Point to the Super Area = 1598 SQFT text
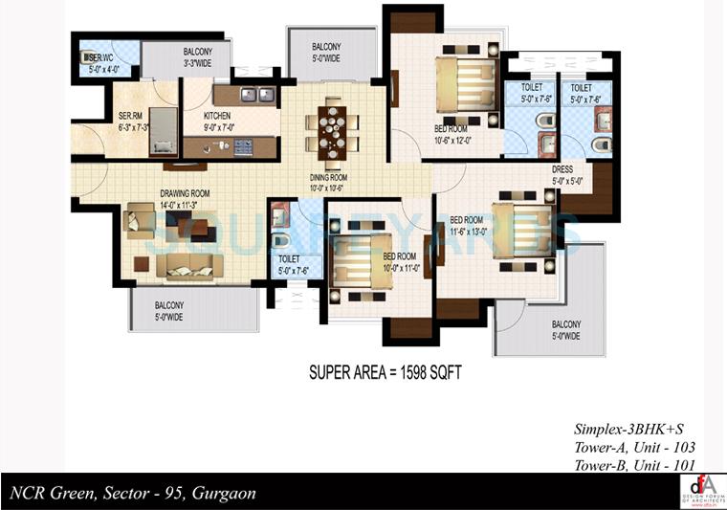click(x=385, y=372)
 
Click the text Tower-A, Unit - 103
click(x=633, y=447)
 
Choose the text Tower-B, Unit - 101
click(x=633, y=465)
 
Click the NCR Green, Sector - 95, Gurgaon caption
click(x=133, y=494)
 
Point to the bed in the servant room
click(x=165, y=130)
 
